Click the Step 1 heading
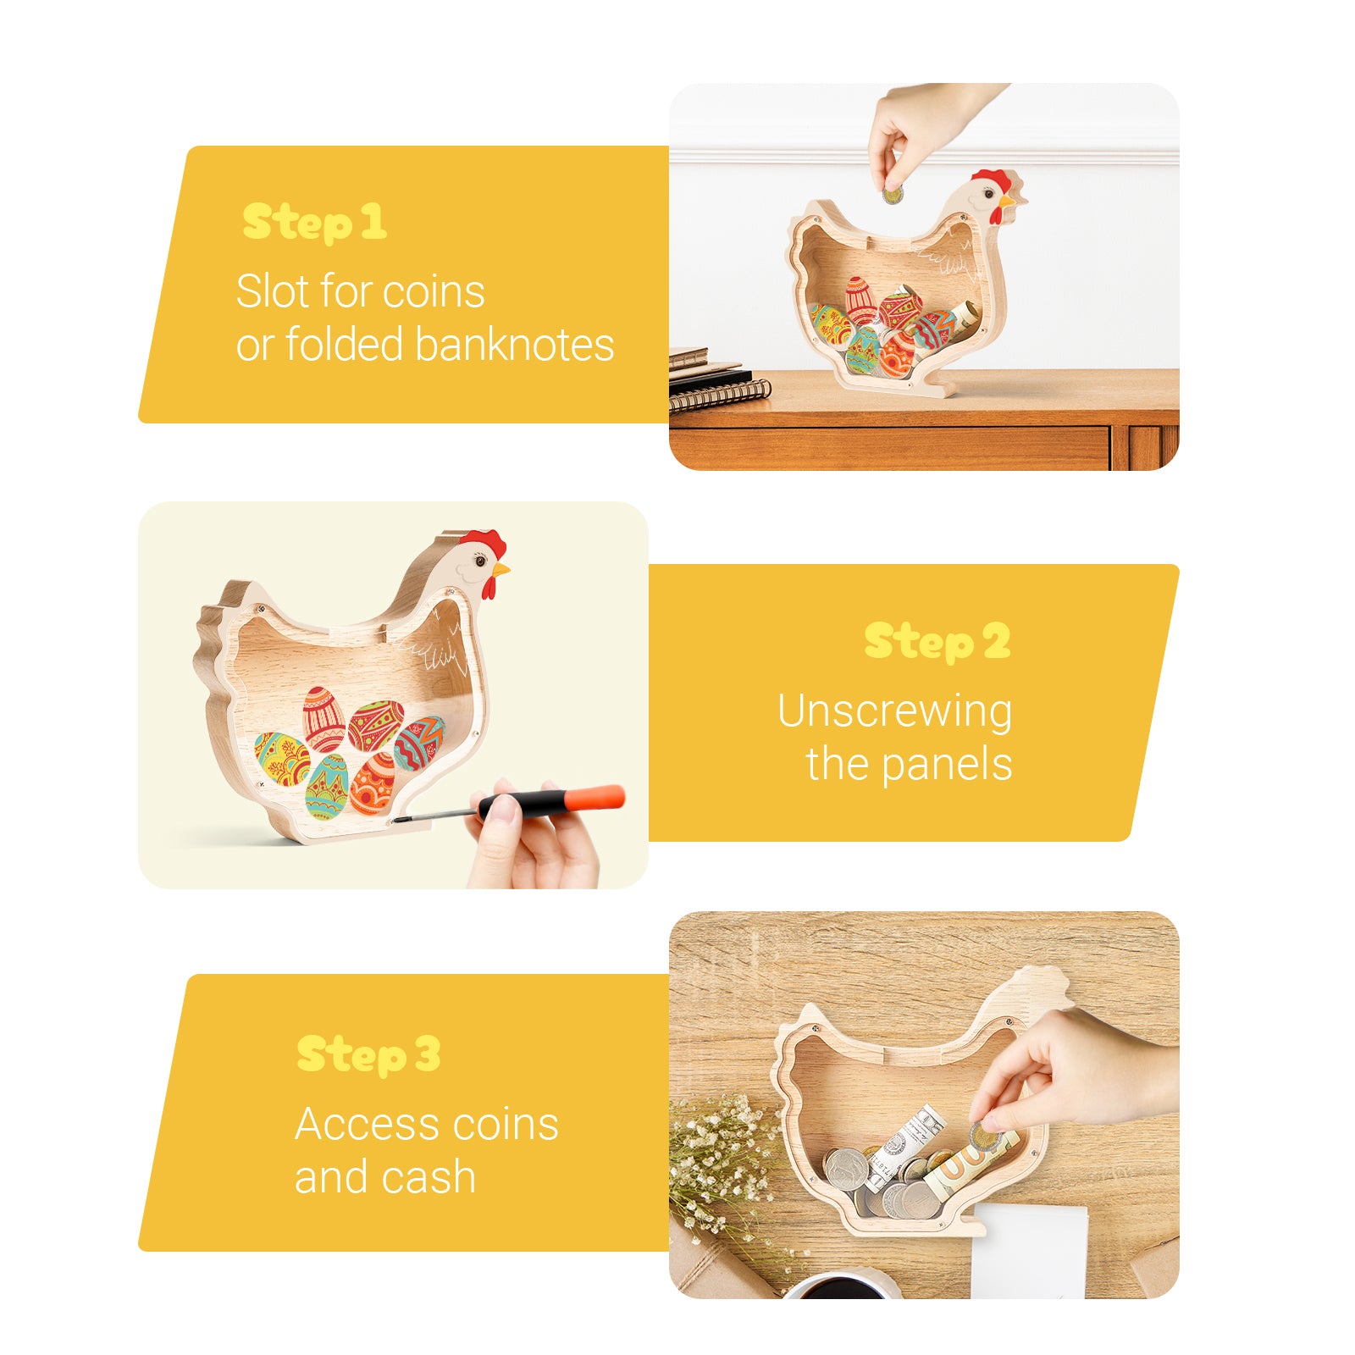coord(314,223)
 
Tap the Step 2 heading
coord(937,641)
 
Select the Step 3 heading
coord(368,1055)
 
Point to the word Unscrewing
coord(894,712)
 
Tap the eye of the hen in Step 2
coord(480,561)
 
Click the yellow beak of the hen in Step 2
coord(501,570)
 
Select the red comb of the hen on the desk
coord(992,180)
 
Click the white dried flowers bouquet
coord(720,1160)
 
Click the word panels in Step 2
coord(946,765)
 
